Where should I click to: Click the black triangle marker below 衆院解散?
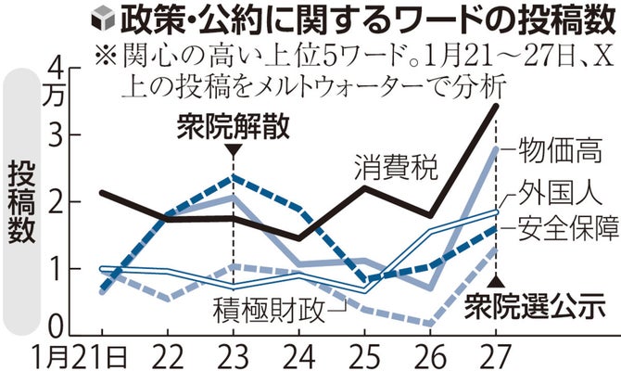click(x=234, y=148)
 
